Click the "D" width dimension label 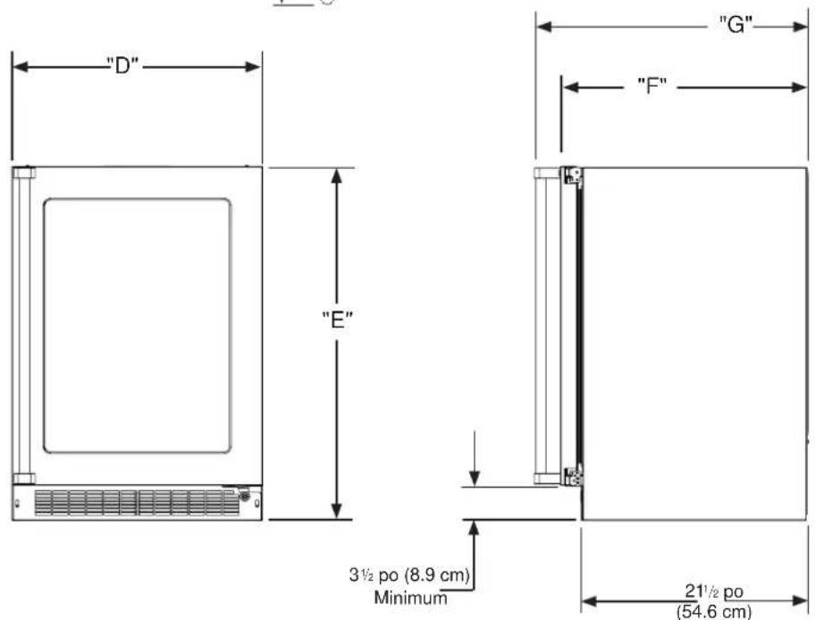point(122,65)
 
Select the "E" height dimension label point(337,319)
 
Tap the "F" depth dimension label point(651,86)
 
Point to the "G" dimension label point(735,24)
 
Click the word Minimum point(410,597)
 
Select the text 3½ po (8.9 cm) point(409,574)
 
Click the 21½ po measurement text point(714,590)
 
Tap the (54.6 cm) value point(714,611)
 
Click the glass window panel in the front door point(138,326)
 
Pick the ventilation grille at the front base point(138,503)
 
